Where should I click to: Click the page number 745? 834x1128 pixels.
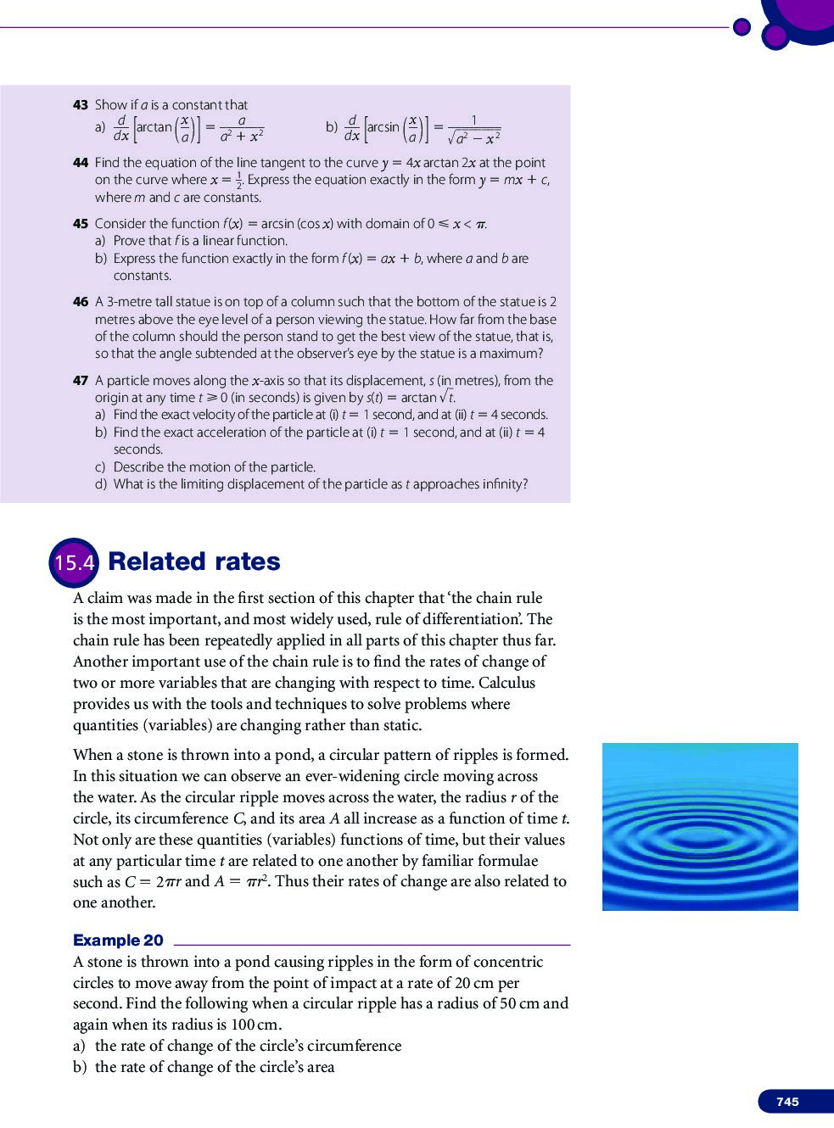787,1101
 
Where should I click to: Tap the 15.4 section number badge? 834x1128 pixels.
75,561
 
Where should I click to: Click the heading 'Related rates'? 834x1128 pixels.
194,561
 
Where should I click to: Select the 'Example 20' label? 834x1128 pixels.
118,940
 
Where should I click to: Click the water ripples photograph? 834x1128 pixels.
700,827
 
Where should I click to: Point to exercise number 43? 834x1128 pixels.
81,105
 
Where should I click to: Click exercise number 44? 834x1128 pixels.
81,163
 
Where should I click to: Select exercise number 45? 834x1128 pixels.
81,224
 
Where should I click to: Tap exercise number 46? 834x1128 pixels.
81,302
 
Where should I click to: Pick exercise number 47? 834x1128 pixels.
81,381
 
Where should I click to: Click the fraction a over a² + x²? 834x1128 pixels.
243,128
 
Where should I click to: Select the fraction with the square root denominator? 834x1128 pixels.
474,128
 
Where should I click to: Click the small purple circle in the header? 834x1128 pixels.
742,27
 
